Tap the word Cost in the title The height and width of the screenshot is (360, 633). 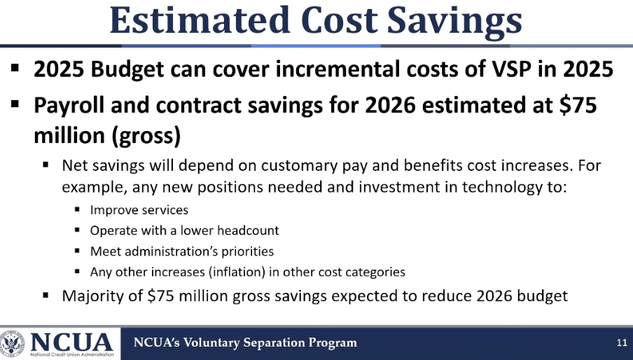click(x=339, y=20)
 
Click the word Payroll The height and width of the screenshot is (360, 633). click(x=69, y=106)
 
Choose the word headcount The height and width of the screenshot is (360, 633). click(x=248, y=230)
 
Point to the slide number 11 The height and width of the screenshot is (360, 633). click(x=622, y=343)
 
